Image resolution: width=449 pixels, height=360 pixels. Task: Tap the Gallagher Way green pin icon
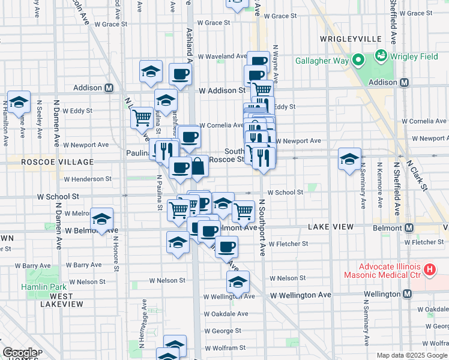pos(358,59)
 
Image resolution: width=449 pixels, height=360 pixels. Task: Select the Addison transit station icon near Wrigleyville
pos(405,82)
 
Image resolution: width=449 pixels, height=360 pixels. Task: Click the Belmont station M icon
pos(409,228)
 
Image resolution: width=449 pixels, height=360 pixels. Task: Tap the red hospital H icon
pos(429,270)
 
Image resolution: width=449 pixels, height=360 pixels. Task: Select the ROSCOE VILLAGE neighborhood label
pos(49,162)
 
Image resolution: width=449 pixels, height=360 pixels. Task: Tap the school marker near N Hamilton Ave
pos(19,103)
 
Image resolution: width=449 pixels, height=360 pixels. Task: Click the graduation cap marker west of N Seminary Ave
pos(349,159)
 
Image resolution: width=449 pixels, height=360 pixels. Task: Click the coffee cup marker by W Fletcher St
pos(226,247)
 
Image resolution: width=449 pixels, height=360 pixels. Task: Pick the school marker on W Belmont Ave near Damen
pos(102,219)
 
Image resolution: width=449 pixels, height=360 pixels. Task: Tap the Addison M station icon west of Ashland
pos(109,88)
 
